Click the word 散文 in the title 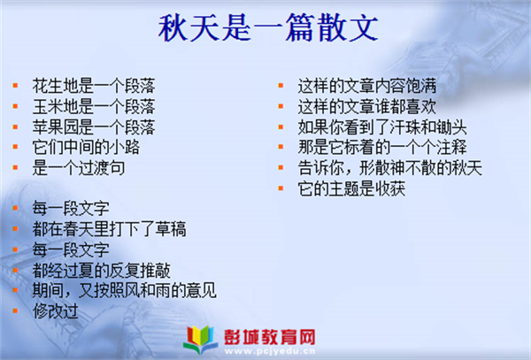point(348,27)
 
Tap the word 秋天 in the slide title point(189,27)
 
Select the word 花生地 point(55,86)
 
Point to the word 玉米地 point(55,106)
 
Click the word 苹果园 point(55,126)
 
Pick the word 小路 point(125,147)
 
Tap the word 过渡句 point(102,168)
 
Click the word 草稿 point(171,229)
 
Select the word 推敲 point(155,271)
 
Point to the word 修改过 point(56,311)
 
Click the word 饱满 point(421,86)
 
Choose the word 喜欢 point(421,106)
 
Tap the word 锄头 point(451,126)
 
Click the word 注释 point(451,147)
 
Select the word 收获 point(390,188)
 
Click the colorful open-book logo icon point(201,340)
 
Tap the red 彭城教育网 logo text point(270,337)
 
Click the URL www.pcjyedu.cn point(270,351)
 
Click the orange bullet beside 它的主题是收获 point(281,188)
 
